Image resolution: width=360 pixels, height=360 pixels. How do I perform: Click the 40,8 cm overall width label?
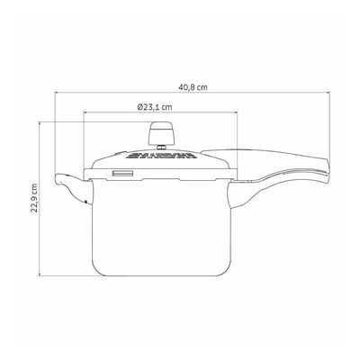coord(193,87)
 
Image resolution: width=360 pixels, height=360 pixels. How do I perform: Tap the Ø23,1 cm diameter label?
coord(155,107)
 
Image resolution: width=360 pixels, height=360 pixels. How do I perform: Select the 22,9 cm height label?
coord(35,198)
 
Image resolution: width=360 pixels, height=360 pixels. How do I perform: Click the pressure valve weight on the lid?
coord(162,133)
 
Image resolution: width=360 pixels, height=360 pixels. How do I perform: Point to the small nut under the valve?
coord(162,147)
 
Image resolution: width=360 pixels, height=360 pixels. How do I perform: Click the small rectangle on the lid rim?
coord(122,174)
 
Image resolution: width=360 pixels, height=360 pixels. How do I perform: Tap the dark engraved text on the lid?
coord(162,155)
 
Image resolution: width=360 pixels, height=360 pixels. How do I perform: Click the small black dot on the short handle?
coord(86,202)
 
